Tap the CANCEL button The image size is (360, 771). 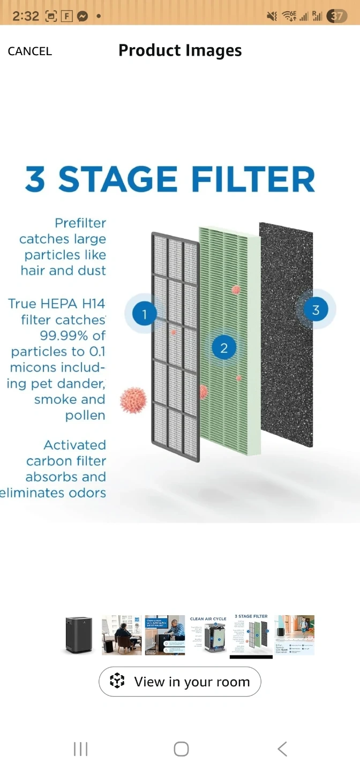point(30,51)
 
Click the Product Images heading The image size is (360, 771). point(180,50)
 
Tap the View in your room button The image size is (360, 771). point(180,682)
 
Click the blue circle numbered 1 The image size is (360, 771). point(144,313)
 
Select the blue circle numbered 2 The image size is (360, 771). point(224,348)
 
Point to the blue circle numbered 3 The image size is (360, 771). point(316,309)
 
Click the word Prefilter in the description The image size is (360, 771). point(80,223)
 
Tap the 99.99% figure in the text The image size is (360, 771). point(73,336)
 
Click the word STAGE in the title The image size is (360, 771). point(117,179)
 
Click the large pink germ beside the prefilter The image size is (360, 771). point(133,400)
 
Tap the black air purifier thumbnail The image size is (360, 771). point(79,634)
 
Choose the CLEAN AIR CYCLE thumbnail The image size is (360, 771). point(208,634)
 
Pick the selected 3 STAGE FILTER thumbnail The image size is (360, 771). point(251,634)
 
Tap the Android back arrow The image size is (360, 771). point(282,749)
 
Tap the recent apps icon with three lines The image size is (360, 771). point(80,749)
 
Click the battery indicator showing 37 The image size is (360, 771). point(336,16)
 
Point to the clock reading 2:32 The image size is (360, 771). point(26,16)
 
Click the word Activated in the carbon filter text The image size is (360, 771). point(74,445)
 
